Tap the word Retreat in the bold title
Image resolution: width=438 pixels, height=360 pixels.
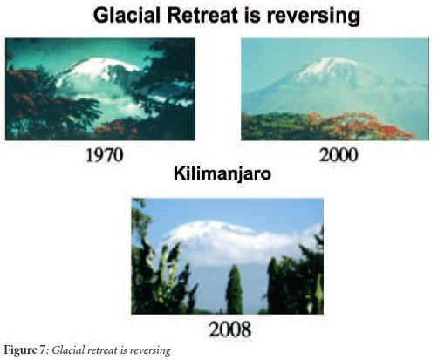[x=202, y=16]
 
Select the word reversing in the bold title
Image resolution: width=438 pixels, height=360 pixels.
[x=313, y=17]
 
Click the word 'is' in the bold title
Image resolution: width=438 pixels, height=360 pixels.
[x=253, y=16]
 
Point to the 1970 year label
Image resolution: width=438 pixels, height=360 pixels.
[x=105, y=155]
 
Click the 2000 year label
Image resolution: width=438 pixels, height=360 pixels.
[x=339, y=155]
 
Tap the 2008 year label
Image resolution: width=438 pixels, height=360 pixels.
[x=229, y=329]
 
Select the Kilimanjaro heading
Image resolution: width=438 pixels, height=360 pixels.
[x=222, y=173]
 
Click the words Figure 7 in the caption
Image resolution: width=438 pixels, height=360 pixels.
[x=25, y=350]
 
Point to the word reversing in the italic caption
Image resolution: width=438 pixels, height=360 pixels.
[x=150, y=350]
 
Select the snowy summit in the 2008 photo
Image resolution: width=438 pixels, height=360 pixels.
[x=209, y=229]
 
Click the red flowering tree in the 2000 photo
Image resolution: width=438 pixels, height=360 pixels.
[x=364, y=126]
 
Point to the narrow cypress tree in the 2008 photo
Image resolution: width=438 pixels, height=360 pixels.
[x=235, y=289]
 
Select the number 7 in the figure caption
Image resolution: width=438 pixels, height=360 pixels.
[x=43, y=350]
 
